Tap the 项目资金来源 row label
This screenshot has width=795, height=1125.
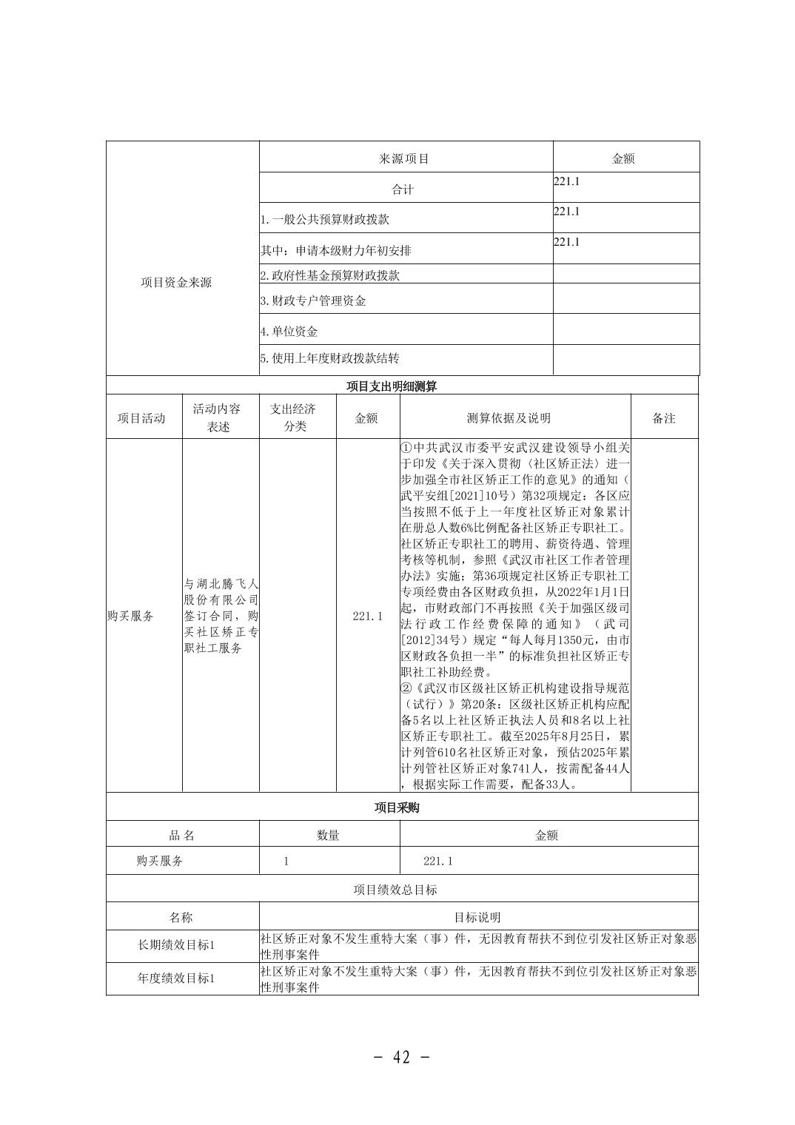click(x=176, y=283)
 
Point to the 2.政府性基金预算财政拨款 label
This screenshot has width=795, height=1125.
click(x=330, y=275)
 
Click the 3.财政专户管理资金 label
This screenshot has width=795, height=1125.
click(x=313, y=300)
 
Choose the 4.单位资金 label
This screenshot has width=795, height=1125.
click(x=289, y=332)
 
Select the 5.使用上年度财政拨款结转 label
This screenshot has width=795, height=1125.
click(x=330, y=358)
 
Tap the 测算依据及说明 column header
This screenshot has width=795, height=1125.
click(x=509, y=418)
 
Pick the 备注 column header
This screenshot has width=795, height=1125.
click(x=664, y=418)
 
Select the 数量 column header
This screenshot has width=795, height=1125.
click(x=328, y=835)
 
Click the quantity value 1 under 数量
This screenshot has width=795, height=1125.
click(x=286, y=862)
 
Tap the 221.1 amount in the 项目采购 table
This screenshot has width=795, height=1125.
click(x=437, y=862)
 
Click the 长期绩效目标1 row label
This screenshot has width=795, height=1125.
click(x=176, y=945)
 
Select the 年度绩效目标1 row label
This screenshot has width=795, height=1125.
click(x=176, y=978)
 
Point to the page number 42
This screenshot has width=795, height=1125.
click(x=402, y=1057)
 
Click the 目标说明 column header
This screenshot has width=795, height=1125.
click(x=477, y=918)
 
